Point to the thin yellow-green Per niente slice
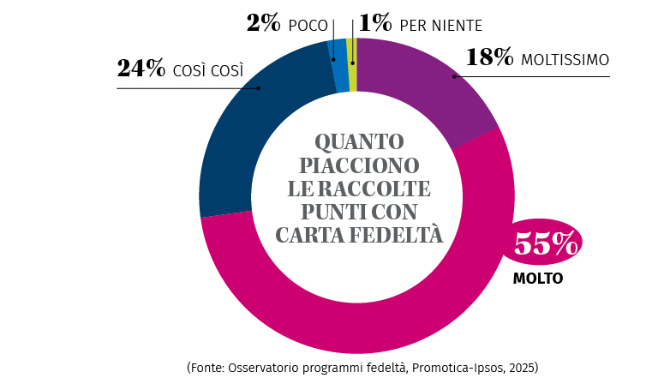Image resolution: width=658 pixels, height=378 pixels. point(352,63)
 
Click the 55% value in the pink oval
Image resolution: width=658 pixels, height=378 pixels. point(545,245)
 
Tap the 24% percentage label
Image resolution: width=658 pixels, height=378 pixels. point(141,69)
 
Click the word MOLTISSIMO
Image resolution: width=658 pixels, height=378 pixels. point(565,60)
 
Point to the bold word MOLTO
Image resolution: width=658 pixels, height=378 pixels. point(538,279)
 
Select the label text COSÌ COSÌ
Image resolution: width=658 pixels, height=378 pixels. point(207,71)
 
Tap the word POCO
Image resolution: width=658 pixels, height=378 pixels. point(308,26)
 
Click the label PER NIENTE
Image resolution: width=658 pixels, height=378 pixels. point(440,26)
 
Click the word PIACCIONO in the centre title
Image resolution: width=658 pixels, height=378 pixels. point(358,165)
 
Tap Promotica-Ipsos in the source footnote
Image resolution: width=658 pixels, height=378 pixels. point(454,367)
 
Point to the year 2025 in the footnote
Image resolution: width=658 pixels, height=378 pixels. point(520,367)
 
